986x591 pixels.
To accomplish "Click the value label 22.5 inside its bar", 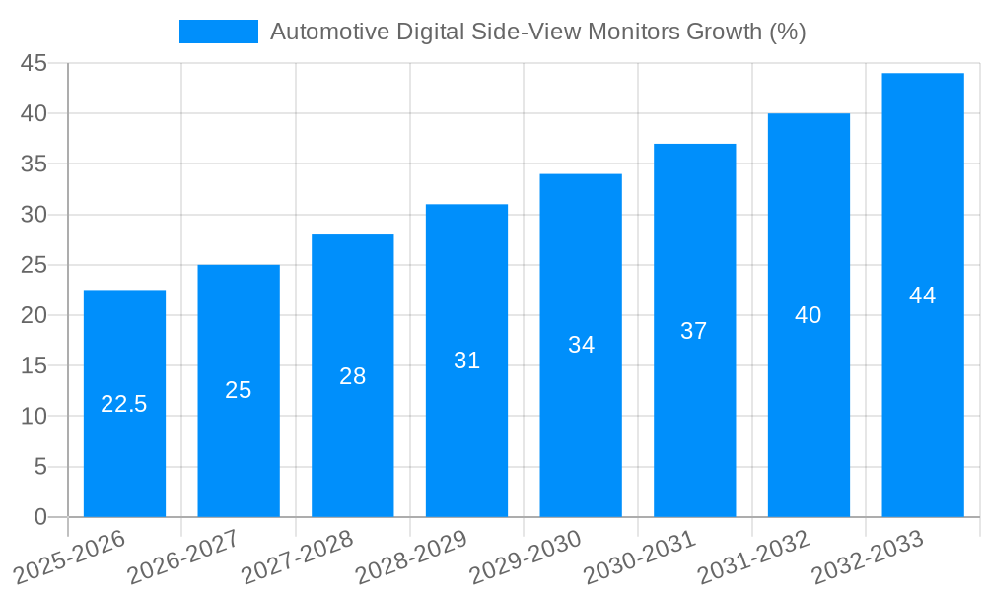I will click(124, 404).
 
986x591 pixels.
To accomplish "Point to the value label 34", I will click(581, 345).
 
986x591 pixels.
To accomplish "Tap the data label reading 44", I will click(923, 295).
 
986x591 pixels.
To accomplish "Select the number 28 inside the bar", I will click(352, 375).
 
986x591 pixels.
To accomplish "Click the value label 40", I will click(809, 315).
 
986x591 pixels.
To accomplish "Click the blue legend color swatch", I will click(218, 32).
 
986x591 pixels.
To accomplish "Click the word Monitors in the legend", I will click(637, 32).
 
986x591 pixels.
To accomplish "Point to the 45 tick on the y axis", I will click(35, 63).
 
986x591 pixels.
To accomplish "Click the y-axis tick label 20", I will click(35, 315).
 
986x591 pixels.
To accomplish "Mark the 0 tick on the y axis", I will click(40, 516).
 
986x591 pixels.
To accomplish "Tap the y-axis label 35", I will click(35, 164).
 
